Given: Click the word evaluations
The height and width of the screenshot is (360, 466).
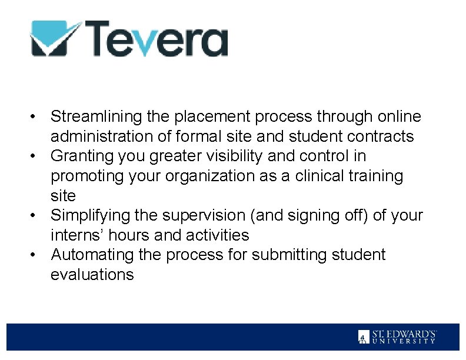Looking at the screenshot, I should pos(92,275).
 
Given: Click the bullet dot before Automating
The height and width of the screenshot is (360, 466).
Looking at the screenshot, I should pos(36,255).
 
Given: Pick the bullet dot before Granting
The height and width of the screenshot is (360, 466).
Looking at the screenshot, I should pos(36,156).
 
